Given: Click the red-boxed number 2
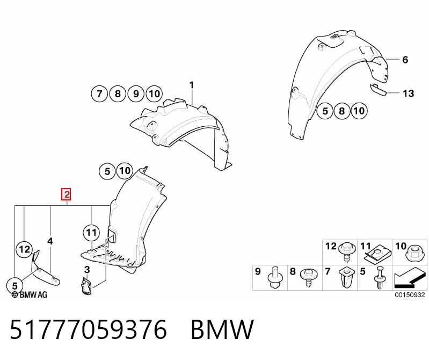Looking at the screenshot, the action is point(67,195).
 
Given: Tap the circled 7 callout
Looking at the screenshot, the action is point(99,94).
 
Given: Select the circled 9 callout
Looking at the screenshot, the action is point(136,94).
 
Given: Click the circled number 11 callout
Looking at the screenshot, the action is point(91,233).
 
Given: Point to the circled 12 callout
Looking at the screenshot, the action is point(24,249).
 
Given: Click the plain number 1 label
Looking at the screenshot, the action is point(192,85).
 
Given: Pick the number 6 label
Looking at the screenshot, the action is point(405,60).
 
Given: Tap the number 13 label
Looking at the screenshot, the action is point(408,93).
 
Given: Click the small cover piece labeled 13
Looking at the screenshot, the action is point(378,90).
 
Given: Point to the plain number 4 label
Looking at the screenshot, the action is point(50,241).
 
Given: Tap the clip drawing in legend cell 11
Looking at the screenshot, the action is point(376,255).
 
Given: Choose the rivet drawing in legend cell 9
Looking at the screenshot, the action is point(274,277).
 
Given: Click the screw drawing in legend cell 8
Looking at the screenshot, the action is point(309,277).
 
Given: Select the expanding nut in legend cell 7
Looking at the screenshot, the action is point(346,278).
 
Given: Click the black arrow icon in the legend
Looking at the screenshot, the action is point(410,278).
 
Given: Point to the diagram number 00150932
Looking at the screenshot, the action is point(410,294).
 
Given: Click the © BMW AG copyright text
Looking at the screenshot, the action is point(30,294).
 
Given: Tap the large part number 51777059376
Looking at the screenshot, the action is point(89,329).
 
